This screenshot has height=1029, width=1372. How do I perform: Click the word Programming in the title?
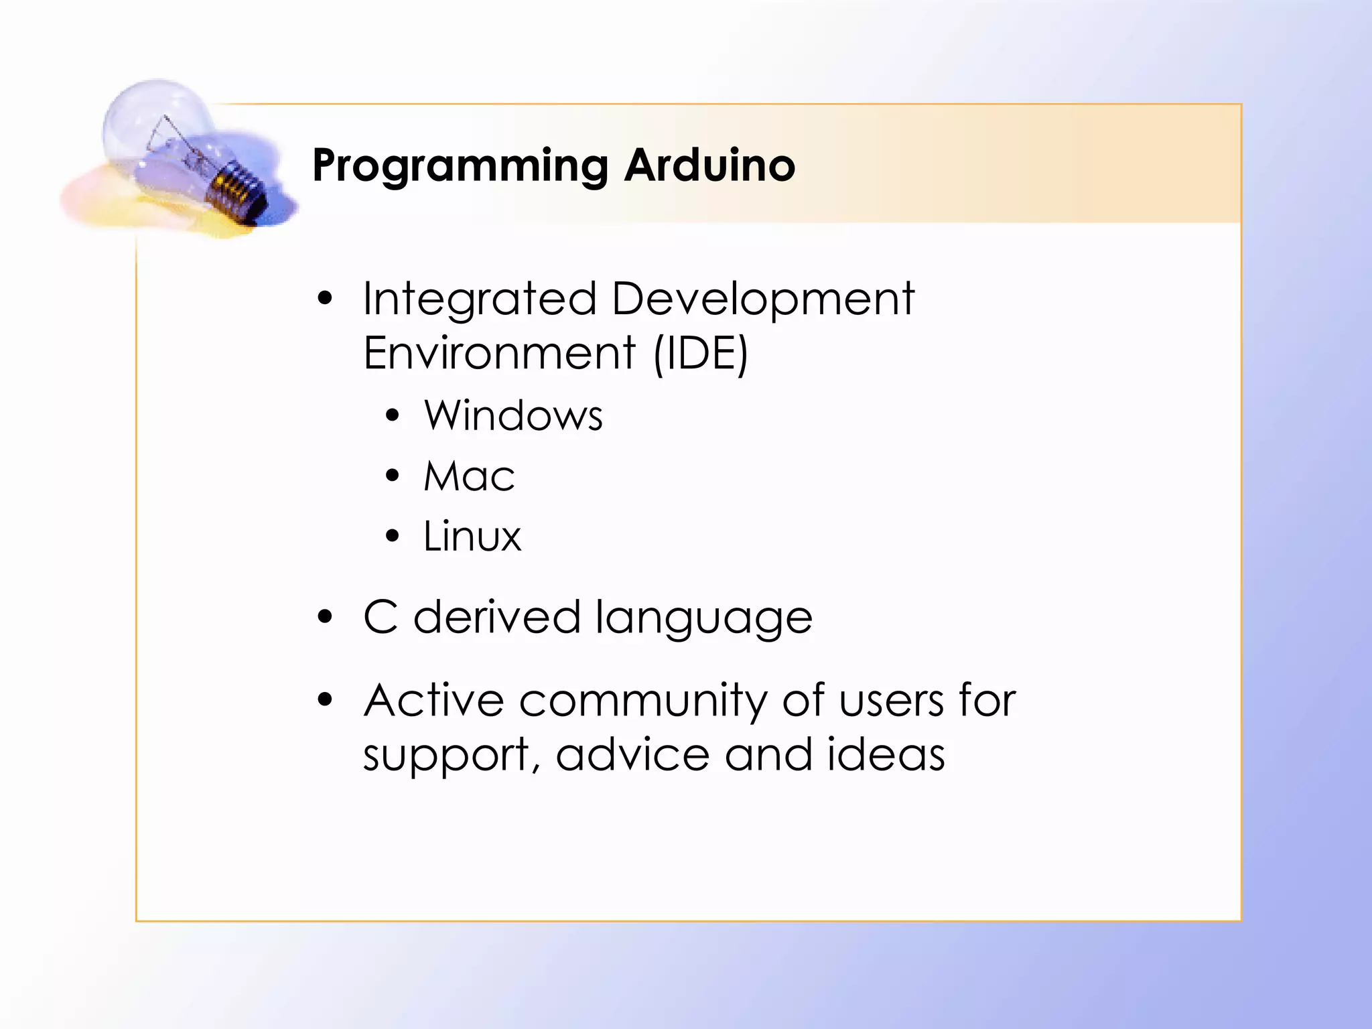coord(460,165)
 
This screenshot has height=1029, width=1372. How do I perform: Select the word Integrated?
coord(479,299)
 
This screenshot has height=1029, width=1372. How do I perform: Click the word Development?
coord(762,299)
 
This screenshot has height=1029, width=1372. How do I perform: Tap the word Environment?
coord(498,353)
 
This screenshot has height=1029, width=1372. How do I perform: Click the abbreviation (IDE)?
coord(700,353)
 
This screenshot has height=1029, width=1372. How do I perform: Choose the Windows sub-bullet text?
coord(513,415)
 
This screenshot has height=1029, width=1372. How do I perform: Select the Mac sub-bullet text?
coord(469,476)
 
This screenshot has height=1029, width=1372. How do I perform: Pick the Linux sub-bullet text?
coord(472,537)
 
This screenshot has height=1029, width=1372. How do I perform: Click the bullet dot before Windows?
coord(392,416)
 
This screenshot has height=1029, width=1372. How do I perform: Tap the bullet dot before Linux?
coord(392,536)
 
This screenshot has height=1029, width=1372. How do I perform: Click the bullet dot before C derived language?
coord(325,617)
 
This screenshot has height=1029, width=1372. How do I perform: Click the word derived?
coord(496,617)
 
